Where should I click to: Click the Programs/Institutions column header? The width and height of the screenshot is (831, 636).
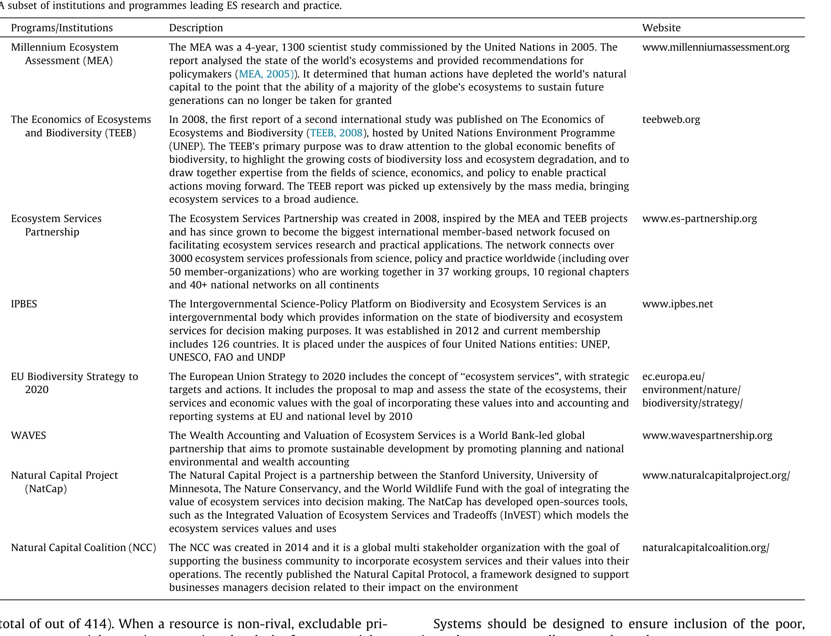point(62,28)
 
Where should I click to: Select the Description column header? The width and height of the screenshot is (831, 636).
point(196,28)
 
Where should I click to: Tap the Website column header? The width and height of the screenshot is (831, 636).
point(661,28)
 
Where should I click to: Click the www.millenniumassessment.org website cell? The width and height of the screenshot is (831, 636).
point(716,47)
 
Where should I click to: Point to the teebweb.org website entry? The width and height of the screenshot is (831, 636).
point(671,120)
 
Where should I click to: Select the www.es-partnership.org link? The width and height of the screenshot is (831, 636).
point(699,219)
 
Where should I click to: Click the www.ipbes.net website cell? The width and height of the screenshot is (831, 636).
point(678,304)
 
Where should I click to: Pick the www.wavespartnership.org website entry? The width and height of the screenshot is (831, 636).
point(707,435)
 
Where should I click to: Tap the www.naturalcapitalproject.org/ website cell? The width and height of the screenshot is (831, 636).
point(716,475)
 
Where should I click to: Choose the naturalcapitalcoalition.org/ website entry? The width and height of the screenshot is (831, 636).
point(705,548)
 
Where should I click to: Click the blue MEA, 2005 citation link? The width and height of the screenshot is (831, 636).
point(266,74)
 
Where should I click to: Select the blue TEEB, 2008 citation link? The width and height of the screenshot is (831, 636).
point(336,133)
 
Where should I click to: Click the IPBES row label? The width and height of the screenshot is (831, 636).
point(24,304)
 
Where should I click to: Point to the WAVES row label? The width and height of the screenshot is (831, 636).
point(28,435)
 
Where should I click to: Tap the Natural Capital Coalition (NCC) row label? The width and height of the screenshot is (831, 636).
point(83,548)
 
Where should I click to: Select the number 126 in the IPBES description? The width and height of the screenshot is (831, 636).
point(220,344)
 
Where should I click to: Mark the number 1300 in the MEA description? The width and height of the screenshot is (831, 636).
point(295,47)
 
